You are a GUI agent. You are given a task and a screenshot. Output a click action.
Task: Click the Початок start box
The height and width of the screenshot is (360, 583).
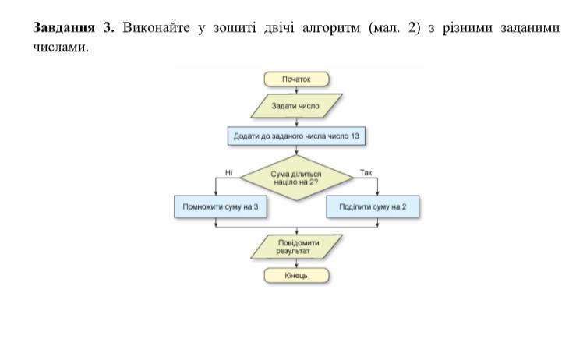[x=296, y=79]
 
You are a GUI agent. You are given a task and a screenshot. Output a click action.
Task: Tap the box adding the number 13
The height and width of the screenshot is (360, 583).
[x=296, y=136]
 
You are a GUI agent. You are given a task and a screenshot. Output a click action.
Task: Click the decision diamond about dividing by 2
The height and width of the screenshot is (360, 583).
[x=296, y=178]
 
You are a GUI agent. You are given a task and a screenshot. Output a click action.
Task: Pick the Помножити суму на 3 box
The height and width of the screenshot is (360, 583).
[x=220, y=207]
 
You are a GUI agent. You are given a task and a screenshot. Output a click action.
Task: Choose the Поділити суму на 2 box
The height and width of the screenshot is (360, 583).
[x=373, y=207]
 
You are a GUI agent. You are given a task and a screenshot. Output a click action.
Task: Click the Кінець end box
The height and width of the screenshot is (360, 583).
[x=296, y=275]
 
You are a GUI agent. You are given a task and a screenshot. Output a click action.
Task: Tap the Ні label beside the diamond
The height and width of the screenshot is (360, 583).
[x=228, y=171]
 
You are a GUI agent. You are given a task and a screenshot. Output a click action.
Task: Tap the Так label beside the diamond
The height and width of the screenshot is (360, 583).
[x=366, y=171]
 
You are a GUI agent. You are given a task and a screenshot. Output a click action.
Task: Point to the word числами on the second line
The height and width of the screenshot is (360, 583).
[x=58, y=47]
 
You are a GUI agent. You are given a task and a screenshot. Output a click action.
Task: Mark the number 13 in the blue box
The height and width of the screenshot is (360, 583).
[x=355, y=136]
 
